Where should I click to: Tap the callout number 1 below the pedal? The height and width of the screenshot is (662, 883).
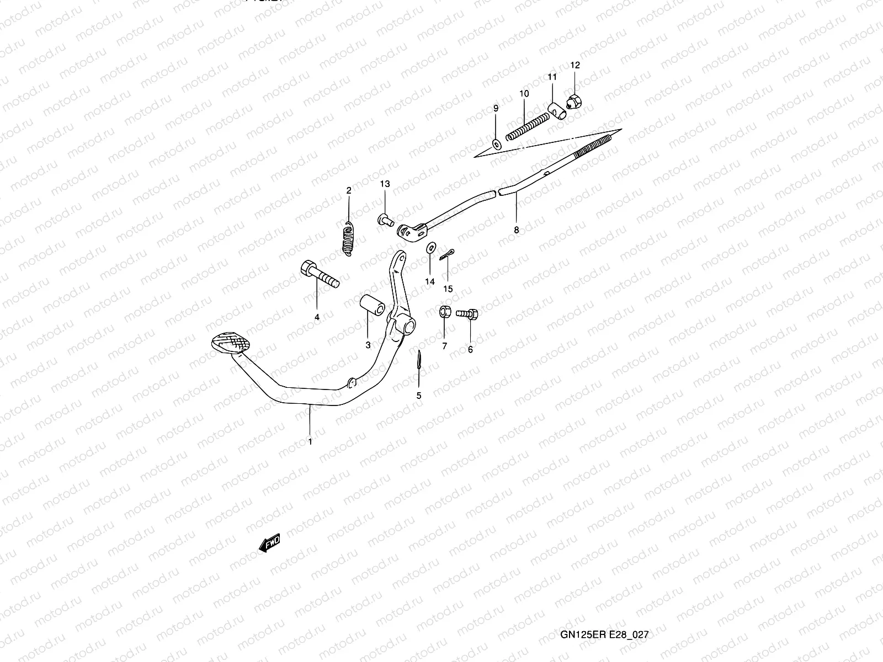(x=310, y=441)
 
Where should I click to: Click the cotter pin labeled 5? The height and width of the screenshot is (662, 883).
(x=419, y=361)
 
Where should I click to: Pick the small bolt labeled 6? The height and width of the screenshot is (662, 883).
(x=469, y=314)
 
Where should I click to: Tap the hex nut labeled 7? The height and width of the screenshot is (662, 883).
(x=444, y=312)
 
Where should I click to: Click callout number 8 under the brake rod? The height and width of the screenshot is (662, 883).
(x=517, y=231)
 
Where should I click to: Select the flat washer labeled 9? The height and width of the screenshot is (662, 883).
(x=496, y=145)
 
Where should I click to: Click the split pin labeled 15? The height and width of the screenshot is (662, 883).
(x=446, y=254)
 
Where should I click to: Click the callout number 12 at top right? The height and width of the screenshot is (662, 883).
(x=575, y=65)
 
